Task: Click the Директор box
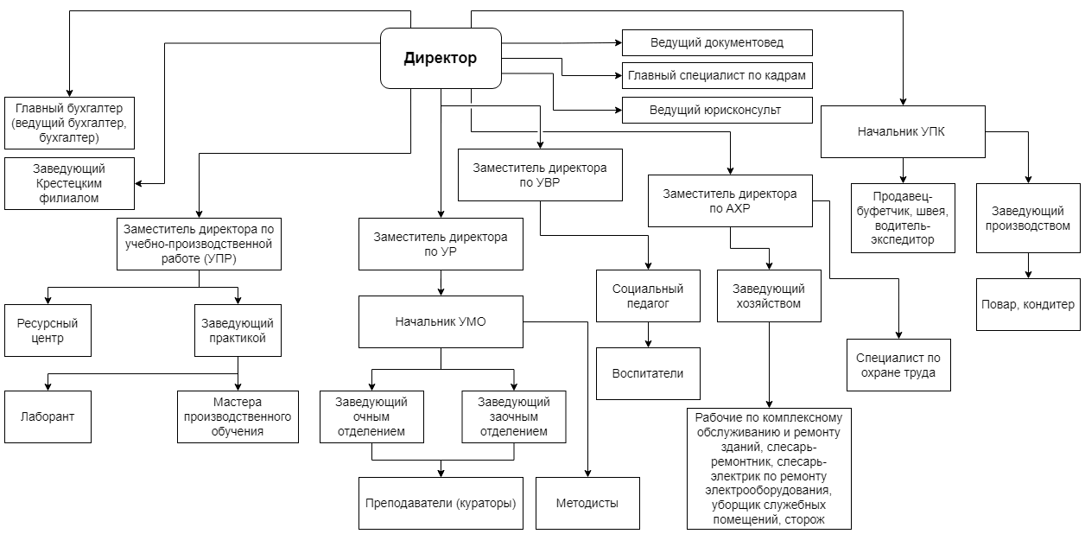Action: [x=441, y=58]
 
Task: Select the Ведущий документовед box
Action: [x=717, y=42]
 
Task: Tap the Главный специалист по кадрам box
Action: [x=717, y=75]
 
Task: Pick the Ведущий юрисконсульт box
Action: [x=717, y=110]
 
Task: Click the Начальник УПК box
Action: [x=903, y=132]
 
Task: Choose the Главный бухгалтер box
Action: [x=69, y=123]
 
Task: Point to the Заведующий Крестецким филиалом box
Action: [x=69, y=184]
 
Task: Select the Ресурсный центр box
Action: [x=48, y=330]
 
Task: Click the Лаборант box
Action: [x=48, y=416]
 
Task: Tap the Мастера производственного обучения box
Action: [x=238, y=416]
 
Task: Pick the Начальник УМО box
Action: [x=441, y=321]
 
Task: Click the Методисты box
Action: [x=587, y=503]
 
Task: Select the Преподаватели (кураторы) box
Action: [x=441, y=503]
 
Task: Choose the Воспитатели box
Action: [x=648, y=373]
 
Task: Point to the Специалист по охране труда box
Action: [x=898, y=365]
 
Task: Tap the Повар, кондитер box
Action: [x=1028, y=304]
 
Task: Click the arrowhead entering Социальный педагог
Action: [x=648, y=266]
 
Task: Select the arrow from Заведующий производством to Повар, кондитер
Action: [x=1028, y=265]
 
